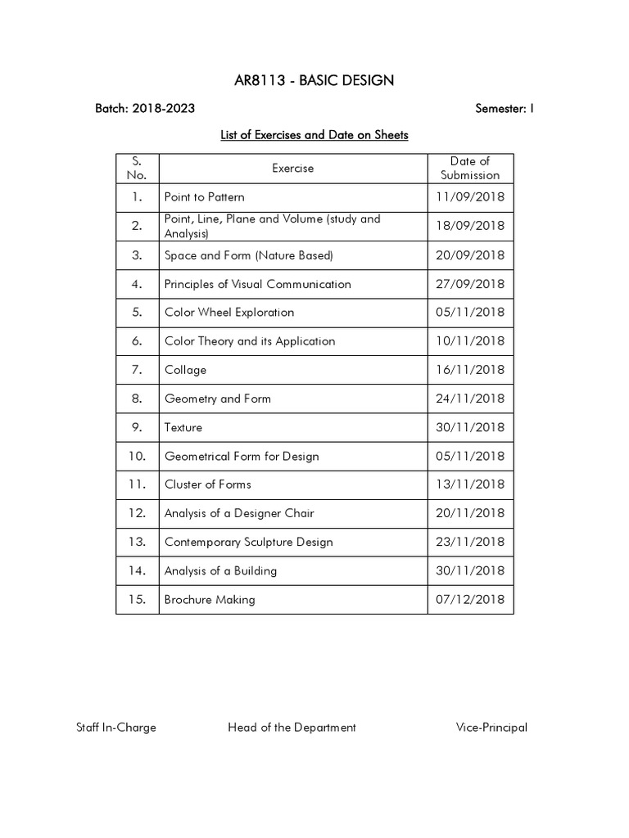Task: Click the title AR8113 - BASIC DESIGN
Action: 314,79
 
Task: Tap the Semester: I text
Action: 504,108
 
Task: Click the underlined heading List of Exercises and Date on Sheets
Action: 314,135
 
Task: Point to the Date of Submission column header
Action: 470,168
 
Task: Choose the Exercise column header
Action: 292,169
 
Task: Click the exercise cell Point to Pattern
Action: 205,197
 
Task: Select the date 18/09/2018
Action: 470,226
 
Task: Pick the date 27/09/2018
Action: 470,284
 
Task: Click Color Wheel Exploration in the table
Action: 229,313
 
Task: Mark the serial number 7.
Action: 137,370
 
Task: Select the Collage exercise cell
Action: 186,370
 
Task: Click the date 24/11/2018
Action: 470,399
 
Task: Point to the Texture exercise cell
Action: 183,427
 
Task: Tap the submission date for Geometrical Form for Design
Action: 470,456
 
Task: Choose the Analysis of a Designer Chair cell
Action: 239,513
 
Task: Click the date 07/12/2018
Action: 470,599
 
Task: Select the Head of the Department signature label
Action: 292,728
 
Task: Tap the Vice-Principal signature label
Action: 491,728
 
